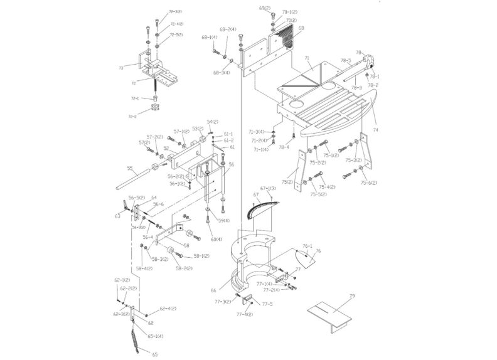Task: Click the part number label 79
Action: (x=352, y=295)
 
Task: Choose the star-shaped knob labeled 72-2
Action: (x=152, y=113)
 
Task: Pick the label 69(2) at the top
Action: (x=265, y=8)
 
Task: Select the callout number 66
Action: (x=213, y=290)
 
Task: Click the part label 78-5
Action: (x=345, y=61)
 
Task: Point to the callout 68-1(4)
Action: (x=209, y=37)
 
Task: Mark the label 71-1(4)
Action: (x=261, y=150)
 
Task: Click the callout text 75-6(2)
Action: (x=370, y=183)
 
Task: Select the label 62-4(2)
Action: (x=168, y=309)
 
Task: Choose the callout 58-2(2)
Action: (x=184, y=268)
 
